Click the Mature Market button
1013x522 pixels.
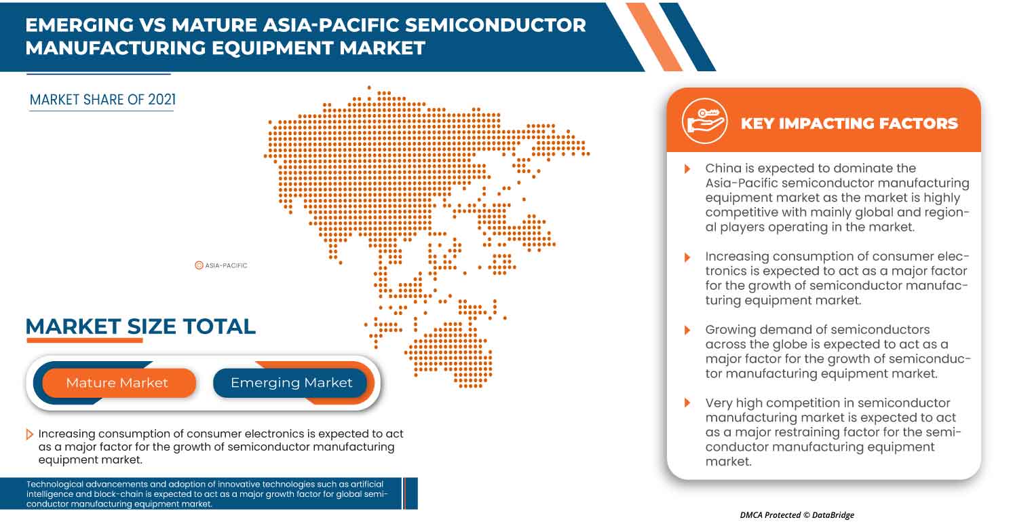[x=117, y=383]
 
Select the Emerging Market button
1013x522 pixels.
[x=291, y=383]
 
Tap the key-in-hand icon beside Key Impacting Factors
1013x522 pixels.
[x=704, y=122]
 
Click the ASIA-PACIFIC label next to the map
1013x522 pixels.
[x=226, y=265]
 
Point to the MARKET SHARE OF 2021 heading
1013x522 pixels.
[x=102, y=100]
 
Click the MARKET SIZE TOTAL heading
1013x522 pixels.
[x=140, y=327]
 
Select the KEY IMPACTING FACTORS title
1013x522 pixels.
[x=849, y=124]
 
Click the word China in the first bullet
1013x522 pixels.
[x=725, y=168]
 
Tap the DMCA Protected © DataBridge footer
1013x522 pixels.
[x=797, y=515]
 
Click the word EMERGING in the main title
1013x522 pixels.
[x=80, y=26]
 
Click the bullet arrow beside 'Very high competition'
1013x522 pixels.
[x=687, y=403]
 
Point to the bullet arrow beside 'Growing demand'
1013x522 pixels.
[x=687, y=330]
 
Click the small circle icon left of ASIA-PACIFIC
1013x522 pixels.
[x=199, y=265]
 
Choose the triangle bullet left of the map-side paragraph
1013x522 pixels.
[x=30, y=434]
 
